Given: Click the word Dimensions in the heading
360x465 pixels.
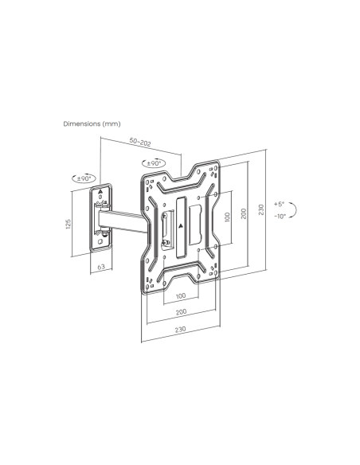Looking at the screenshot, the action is pos(81,123).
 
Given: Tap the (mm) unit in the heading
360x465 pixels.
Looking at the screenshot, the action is pos(112,124).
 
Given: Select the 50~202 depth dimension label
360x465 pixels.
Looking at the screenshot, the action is pos(140,142).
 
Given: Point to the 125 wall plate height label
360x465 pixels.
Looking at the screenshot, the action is pos(68,224).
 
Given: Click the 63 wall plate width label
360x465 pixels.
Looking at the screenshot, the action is pos(101,266).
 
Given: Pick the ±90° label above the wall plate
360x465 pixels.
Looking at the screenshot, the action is pos(84,179).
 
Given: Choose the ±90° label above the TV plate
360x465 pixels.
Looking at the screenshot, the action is pos(154,163).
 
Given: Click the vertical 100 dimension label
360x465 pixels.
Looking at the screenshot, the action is pos(228,217).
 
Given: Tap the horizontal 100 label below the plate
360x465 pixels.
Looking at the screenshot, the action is pos(181,295).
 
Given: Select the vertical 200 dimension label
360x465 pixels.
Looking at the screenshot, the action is pos(244,213).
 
